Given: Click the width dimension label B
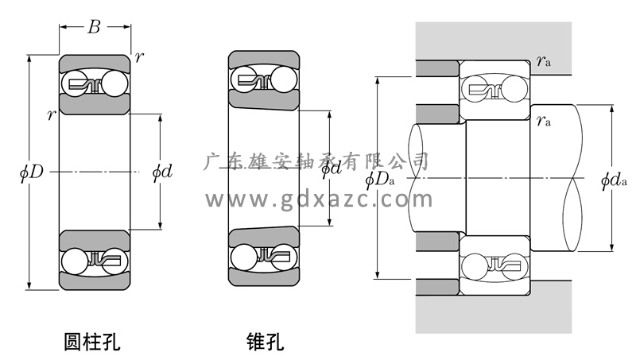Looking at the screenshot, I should point(94,27).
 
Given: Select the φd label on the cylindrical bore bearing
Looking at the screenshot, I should point(161,172).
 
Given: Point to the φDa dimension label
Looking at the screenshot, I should point(380,180).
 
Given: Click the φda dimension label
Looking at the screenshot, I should point(614,180).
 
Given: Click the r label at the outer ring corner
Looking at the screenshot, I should point(140,57).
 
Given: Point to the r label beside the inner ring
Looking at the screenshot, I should point(51,116).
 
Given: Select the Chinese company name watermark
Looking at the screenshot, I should point(317,161).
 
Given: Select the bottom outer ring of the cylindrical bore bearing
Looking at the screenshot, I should point(95,281).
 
